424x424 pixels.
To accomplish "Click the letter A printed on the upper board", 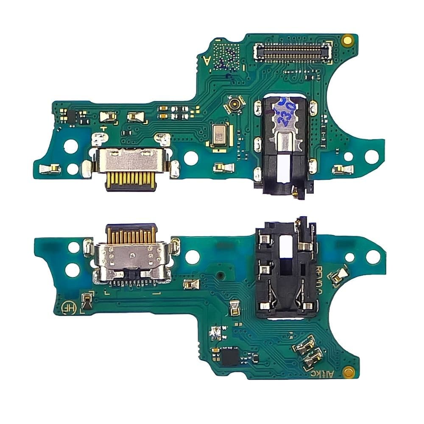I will click(207, 60).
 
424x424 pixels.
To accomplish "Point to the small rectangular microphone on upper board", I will click(219, 136).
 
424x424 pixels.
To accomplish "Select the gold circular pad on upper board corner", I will click(348, 40).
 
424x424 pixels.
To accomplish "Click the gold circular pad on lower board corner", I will click(349, 373).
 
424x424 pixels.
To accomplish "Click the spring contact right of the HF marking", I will click(87, 300).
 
